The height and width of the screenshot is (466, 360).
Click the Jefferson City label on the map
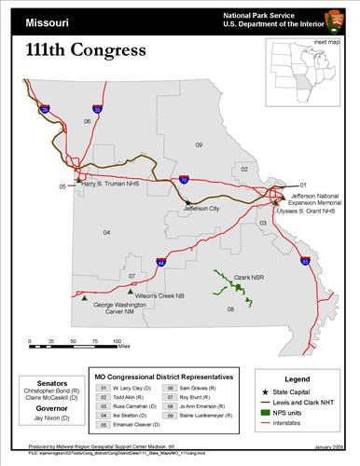pyautogui.click(x=201, y=210)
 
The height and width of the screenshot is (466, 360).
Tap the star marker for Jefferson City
pyautogui.click(x=187, y=202)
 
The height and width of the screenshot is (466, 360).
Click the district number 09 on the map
pyautogui.click(x=199, y=145)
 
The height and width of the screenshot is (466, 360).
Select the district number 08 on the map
pyautogui.click(x=230, y=308)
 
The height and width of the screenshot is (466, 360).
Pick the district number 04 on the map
pyautogui.click(x=106, y=232)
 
